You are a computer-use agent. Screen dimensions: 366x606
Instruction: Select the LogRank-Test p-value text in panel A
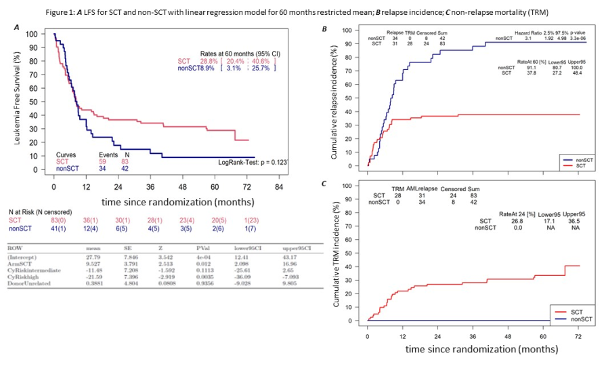[x=253, y=163]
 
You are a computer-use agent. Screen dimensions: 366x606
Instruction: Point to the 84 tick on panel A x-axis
[x=278, y=186]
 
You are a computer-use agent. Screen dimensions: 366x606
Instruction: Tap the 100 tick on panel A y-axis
[x=31, y=34]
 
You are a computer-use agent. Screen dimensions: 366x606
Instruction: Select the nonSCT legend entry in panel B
[x=584, y=159]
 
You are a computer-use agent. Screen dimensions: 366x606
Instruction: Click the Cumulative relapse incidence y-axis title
[x=334, y=99]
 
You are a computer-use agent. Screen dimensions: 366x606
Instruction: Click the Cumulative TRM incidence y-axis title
[x=334, y=253]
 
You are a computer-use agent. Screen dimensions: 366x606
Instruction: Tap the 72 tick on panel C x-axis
[x=578, y=336]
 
